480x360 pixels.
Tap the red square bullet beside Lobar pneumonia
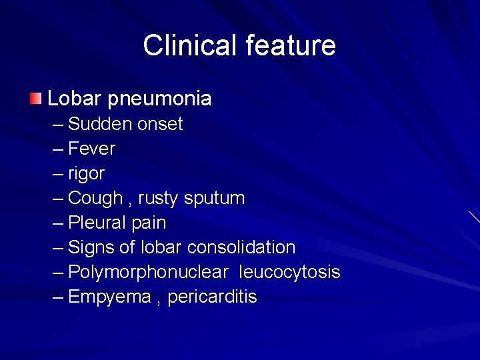(x=35, y=99)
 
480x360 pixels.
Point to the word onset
(x=160, y=124)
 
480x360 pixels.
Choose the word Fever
(x=91, y=149)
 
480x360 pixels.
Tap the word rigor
(x=87, y=173)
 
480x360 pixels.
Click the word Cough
(x=95, y=198)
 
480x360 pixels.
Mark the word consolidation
(x=241, y=247)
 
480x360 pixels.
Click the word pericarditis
(x=212, y=297)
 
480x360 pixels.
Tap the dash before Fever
(x=59, y=149)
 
